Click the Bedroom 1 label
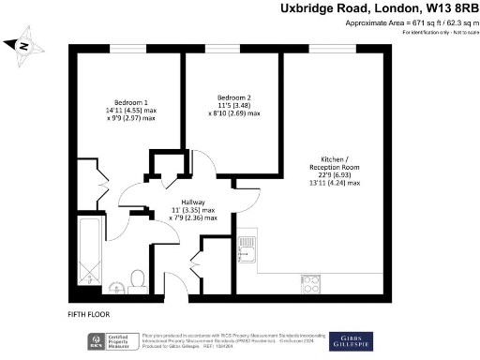click(131, 101)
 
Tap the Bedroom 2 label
click(234, 97)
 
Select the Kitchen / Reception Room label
click(333, 161)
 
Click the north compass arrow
click(22, 44)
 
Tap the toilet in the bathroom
click(138, 278)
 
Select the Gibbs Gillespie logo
click(351, 339)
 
